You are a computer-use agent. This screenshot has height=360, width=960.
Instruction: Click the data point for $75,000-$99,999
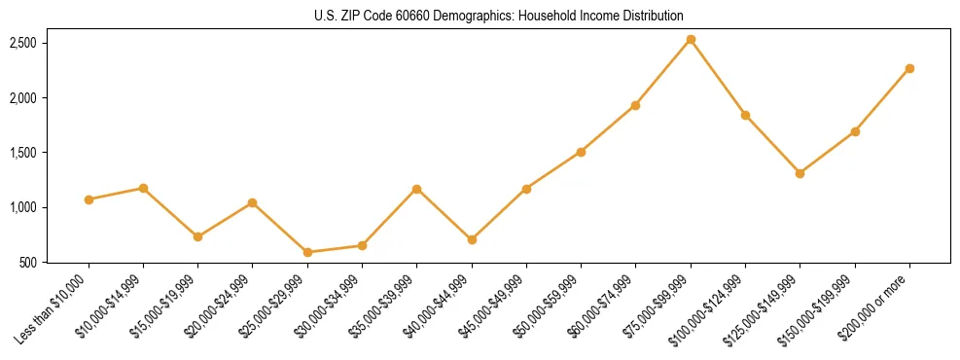pos(691,39)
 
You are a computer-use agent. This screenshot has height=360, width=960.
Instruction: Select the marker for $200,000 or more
pos(909,68)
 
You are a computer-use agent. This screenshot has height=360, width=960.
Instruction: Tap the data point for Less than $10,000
pos(89,199)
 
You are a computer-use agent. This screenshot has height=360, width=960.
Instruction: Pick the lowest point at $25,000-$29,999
pos(307,252)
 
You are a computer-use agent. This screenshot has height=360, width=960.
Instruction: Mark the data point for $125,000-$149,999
pos(800,173)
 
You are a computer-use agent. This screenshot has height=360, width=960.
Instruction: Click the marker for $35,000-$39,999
pos(417,189)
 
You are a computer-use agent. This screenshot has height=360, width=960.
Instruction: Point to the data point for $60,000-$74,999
pos(636,105)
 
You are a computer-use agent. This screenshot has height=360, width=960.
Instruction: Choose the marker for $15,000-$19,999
pos(198,236)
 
